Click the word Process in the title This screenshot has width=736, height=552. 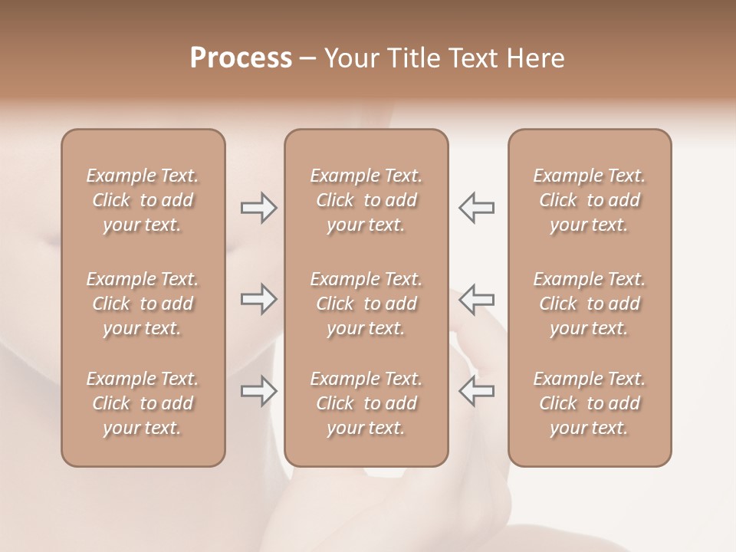click(x=241, y=58)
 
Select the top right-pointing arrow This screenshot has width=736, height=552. click(x=259, y=207)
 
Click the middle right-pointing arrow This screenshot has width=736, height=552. click(x=259, y=299)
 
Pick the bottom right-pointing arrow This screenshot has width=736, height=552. click(x=259, y=391)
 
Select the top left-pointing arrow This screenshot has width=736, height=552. click(x=476, y=207)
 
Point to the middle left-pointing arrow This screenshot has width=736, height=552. click(x=476, y=299)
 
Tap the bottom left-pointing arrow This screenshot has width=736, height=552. click(x=476, y=391)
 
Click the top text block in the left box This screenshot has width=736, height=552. click(x=143, y=200)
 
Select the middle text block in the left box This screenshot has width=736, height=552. click(x=143, y=304)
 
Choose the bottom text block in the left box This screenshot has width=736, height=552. click(x=143, y=403)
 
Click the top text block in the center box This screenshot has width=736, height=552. click(x=366, y=200)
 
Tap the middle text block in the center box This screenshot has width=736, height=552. click(x=366, y=304)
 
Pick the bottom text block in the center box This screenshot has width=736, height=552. click(x=366, y=403)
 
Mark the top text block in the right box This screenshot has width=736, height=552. click(x=589, y=200)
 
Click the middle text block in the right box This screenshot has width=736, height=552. click(x=589, y=304)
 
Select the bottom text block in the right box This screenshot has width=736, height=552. click(x=589, y=403)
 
